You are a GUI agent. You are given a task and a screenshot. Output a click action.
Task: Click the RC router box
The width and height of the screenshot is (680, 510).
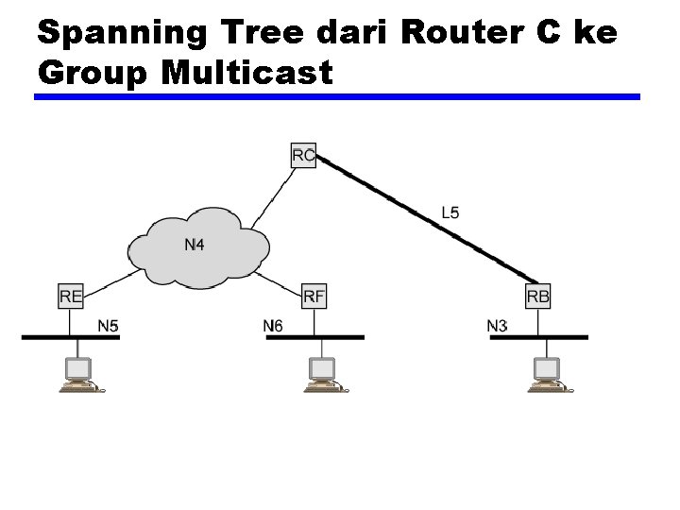click(x=304, y=155)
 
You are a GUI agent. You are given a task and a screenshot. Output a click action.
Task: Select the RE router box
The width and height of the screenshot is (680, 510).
click(x=71, y=296)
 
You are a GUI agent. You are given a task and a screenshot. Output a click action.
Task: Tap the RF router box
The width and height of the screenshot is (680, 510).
click(x=314, y=296)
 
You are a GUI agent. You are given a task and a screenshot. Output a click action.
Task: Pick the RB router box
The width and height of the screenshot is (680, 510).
click(x=538, y=296)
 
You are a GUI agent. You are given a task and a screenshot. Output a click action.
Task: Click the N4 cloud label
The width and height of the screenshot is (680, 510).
click(x=195, y=246)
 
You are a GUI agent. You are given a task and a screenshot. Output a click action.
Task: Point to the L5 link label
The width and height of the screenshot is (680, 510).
click(x=450, y=212)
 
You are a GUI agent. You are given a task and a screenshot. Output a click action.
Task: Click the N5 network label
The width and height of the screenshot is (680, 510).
click(x=109, y=326)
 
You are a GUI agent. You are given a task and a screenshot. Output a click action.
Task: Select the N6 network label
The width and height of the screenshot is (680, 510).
click(x=273, y=326)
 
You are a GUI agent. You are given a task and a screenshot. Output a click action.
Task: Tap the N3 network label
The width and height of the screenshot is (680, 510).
click(x=497, y=326)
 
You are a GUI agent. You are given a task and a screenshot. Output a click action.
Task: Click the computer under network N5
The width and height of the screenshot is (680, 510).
click(x=78, y=375)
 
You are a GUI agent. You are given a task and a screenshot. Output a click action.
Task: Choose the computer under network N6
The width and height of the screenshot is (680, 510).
click(x=323, y=375)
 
